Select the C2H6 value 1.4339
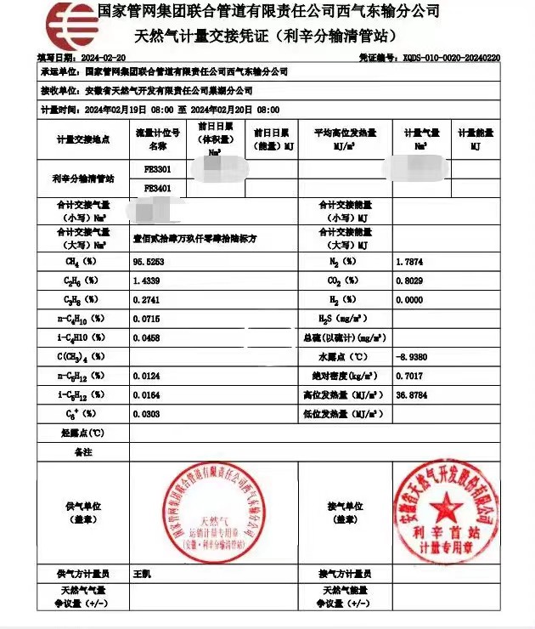[x=146, y=280]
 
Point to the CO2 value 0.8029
[x=410, y=280]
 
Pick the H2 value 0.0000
[x=410, y=300]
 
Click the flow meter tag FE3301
[x=157, y=170]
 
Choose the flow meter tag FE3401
[x=157, y=188]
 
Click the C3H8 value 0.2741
[x=146, y=300]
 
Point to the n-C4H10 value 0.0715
[x=146, y=319]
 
